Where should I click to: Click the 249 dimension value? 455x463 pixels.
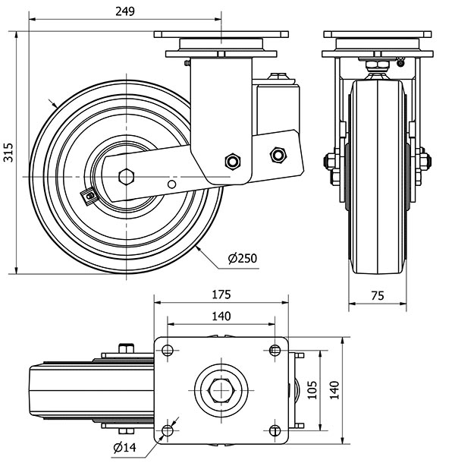(125, 11)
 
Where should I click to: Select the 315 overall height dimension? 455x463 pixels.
(8, 153)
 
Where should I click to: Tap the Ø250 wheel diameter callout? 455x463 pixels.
(243, 259)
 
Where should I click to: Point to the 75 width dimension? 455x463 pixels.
(376, 297)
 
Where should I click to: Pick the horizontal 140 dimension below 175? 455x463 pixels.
(221, 316)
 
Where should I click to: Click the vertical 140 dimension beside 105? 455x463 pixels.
(334, 389)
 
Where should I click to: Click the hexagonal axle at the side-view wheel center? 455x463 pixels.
(126, 176)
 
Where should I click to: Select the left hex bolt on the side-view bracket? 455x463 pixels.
(233, 161)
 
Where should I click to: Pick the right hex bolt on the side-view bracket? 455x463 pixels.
(278, 155)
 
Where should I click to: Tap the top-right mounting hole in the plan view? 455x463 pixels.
(274, 350)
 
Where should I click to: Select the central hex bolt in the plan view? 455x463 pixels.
(221, 390)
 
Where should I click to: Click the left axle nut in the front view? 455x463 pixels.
(331, 161)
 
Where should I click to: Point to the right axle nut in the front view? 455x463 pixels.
(422, 161)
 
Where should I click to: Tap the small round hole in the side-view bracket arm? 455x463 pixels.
(173, 184)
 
